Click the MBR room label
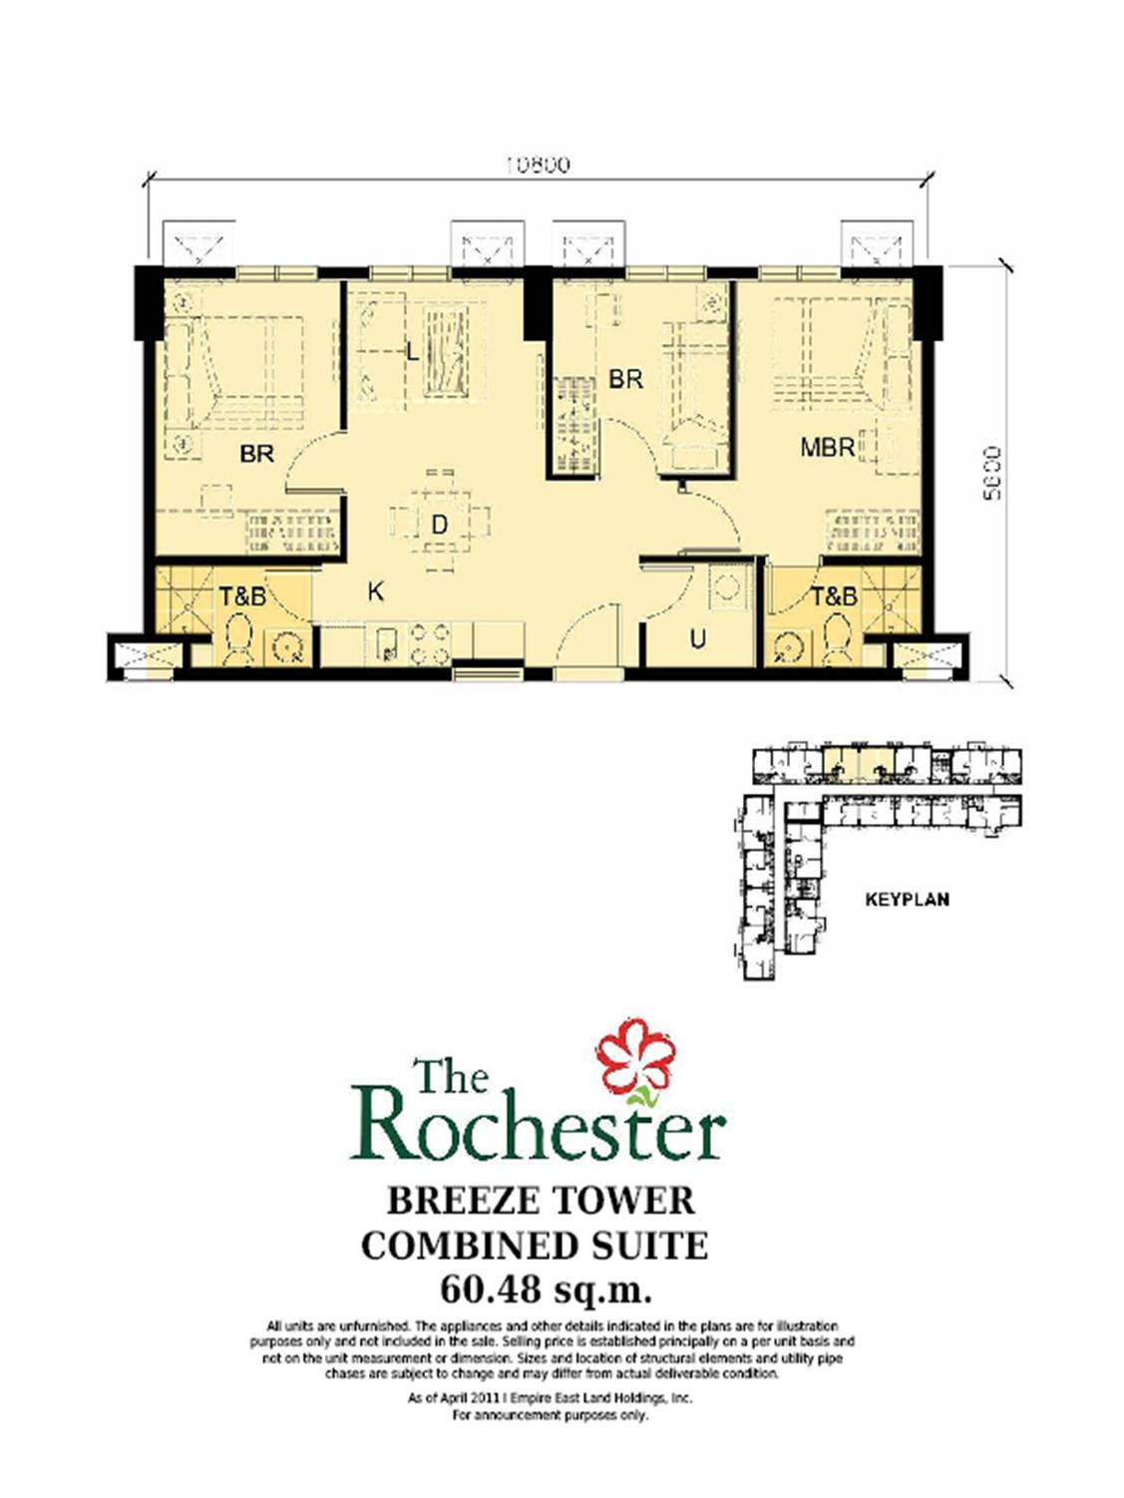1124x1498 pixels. click(x=827, y=448)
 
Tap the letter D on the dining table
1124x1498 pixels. click(x=439, y=524)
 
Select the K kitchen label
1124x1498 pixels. click(x=375, y=592)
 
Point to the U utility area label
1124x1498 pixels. click(x=697, y=638)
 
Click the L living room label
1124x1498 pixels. click(x=412, y=351)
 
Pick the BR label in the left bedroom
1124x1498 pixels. click(x=256, y=454)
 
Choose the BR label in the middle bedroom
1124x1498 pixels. click(x=625, y=379)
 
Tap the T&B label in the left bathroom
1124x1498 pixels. click(x=242, y=596)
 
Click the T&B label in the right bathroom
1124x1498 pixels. click(x=833, y=596)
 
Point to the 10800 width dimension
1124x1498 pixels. click(x=537, y=165)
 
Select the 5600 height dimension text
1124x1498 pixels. click(x=991, y=473)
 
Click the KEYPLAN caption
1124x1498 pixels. click(x=907, y=900)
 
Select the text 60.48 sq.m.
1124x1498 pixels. click(x=546, y=1290)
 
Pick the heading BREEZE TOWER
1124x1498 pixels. click(x=541, y=1200)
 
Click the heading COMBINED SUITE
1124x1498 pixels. click(x=535, y=1246)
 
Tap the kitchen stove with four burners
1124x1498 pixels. click(x=428, y=643)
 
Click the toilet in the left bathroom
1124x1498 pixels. click(x=238, y=640)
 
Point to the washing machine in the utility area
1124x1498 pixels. click(x=725, y=587)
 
